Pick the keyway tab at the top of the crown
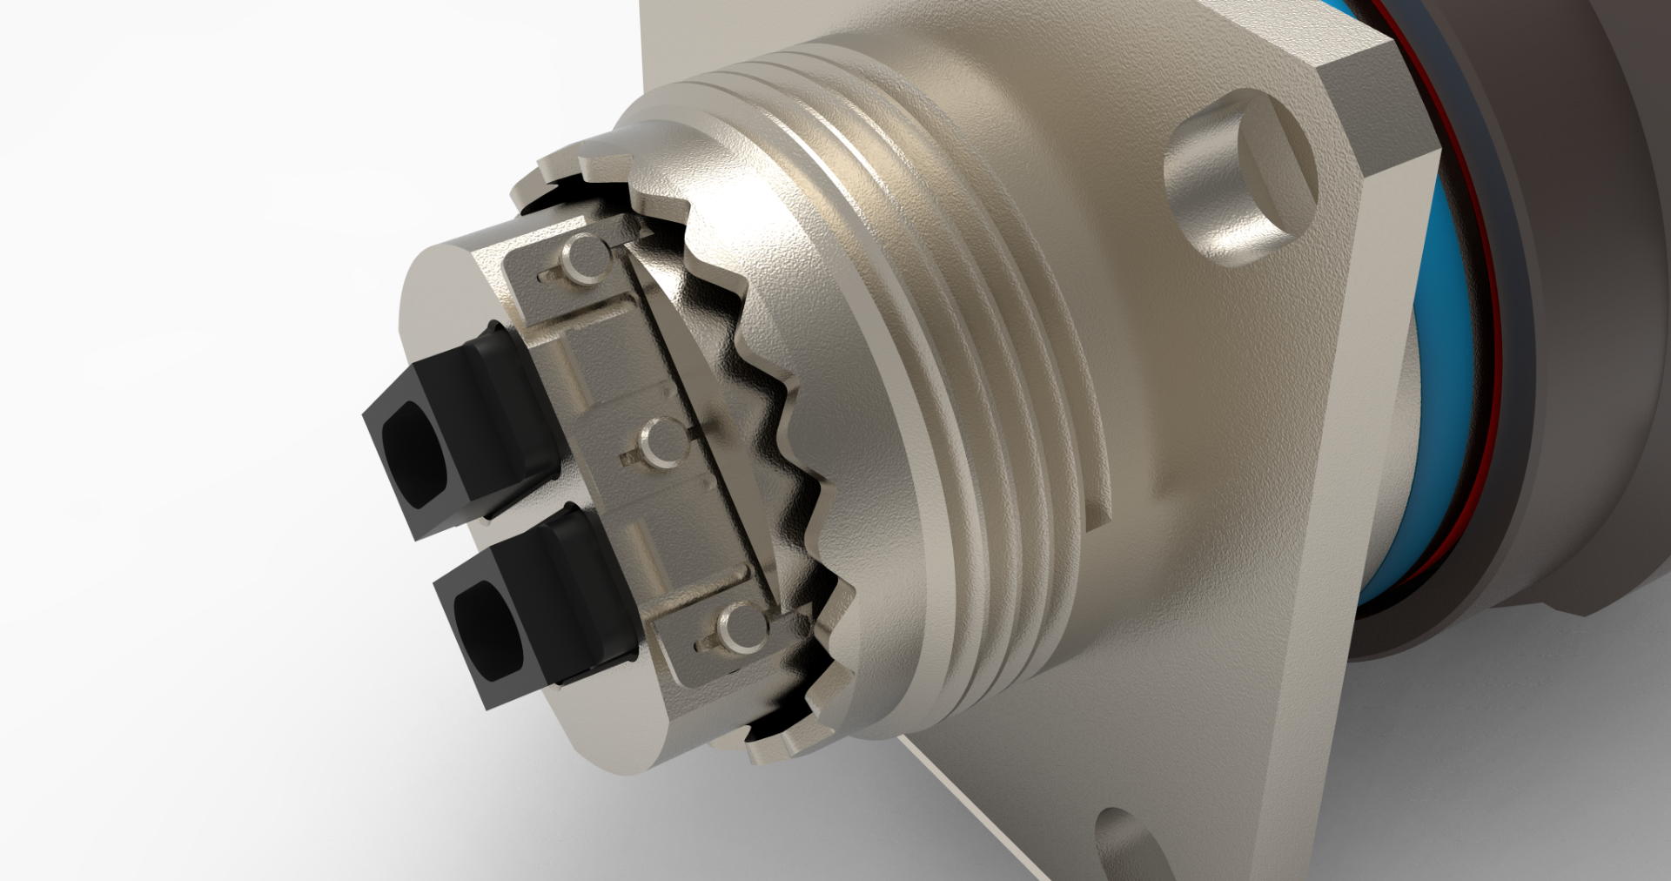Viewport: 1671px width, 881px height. [583, 165]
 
